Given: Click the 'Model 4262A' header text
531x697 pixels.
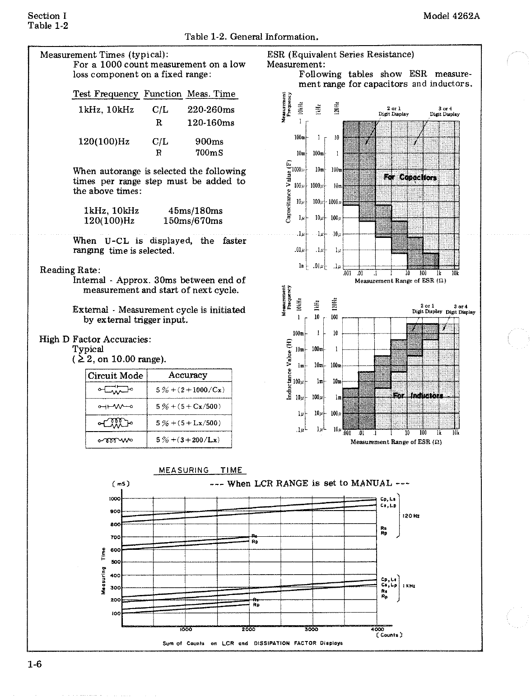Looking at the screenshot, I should point(451,16).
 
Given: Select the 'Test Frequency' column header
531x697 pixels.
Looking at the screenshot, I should point(106,94).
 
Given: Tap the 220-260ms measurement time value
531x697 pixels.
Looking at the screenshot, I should point(211,110).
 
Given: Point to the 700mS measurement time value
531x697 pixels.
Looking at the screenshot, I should point(209,153).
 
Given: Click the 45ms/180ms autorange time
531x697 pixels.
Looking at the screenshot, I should point(195,211).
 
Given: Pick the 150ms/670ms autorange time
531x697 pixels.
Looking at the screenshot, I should point(193,221).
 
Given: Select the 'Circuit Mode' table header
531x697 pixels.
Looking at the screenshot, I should point(115,376).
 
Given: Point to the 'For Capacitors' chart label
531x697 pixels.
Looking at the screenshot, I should point(410,177).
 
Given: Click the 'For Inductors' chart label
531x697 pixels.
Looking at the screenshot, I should point(418,396).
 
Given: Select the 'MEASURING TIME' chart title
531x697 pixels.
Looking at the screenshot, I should point(200,470).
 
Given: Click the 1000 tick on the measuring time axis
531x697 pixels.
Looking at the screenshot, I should point(115,498).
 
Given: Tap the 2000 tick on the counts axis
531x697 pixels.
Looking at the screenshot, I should point(249,629).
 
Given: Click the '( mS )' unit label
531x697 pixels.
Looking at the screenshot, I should point(121,483).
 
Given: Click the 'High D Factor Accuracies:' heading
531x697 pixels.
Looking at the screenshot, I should point(95,339).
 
